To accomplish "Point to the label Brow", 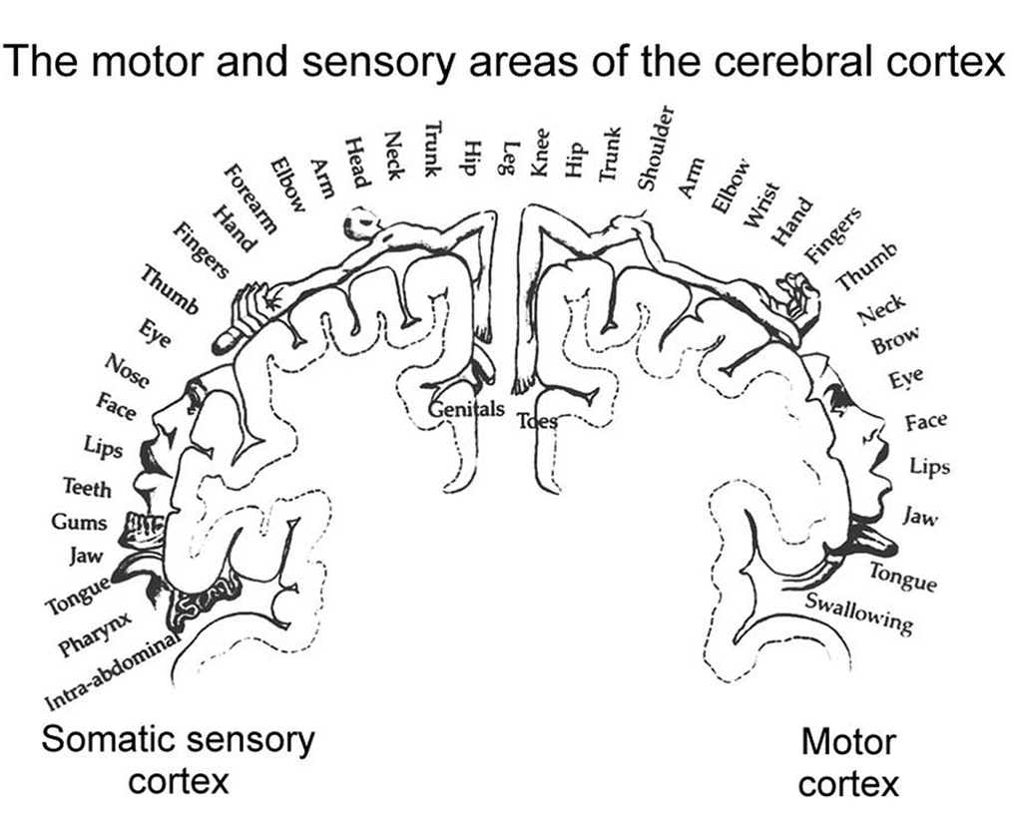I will tap(894, 344).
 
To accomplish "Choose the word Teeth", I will tap(87, 488).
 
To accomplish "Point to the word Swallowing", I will tap(859, 613).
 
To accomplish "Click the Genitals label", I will tap(468, 410).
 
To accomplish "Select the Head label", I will tap(357, 163).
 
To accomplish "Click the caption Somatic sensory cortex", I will tap(179, 759).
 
